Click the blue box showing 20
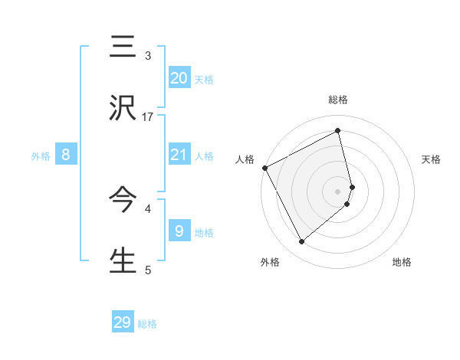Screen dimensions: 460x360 click(x=179, y=77)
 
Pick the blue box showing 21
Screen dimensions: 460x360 click(x=179, y=155)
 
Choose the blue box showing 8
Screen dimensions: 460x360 click(x=66, y=155)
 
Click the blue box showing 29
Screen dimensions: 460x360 click(x=123, y=322)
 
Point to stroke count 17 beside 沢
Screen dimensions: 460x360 click(x=149, y=116)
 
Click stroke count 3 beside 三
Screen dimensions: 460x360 click(x=148, y=56)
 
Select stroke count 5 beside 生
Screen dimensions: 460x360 click(x=148, y=269)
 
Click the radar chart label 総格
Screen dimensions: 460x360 click(x=337, y=100)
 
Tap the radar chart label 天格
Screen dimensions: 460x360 click(x=431, y=159)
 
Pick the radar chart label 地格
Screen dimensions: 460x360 click(x=402, y=262)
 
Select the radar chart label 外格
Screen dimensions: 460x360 click(x=270, y=262)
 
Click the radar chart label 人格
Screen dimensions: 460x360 click(x=245, y=159)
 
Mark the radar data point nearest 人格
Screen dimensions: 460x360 click(x=264, y=167)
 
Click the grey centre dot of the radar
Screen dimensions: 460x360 click(x=338, y=191)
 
